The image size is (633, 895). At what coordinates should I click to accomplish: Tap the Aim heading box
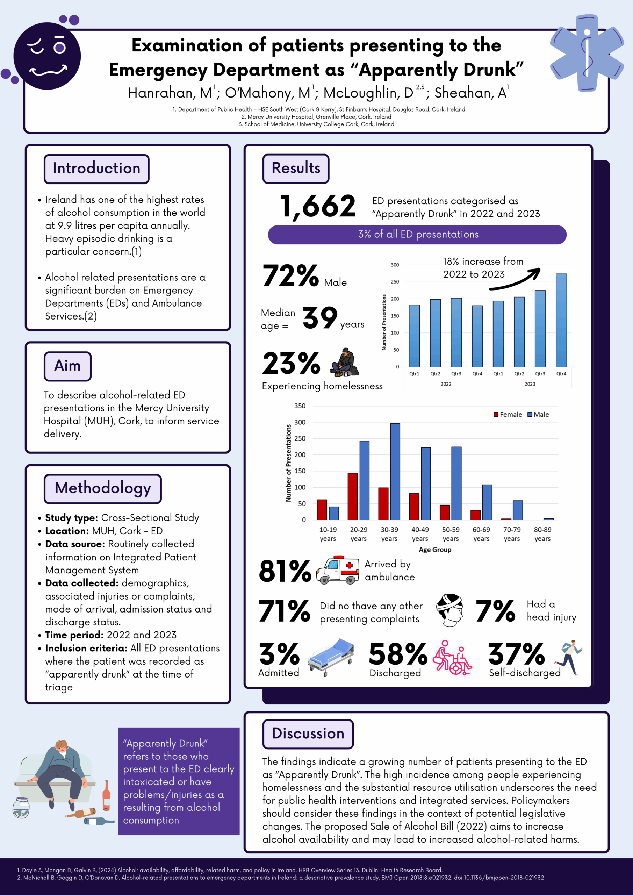[67, 366]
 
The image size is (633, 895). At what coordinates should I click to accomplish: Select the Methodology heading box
[102, 488]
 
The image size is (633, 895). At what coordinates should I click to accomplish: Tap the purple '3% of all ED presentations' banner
[417, 234]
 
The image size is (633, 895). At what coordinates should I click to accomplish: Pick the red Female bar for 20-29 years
[352, 496]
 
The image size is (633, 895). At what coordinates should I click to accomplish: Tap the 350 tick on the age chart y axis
[300, 406]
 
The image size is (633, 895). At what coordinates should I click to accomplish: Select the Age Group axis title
[434, 550]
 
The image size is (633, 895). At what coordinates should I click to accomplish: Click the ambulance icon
[338, 570]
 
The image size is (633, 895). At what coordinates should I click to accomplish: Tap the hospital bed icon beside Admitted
[331, 657]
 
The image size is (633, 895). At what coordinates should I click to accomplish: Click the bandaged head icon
[449, 610]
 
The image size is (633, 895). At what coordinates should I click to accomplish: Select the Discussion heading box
[308, 733]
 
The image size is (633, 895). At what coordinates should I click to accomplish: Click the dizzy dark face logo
[47, 56]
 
